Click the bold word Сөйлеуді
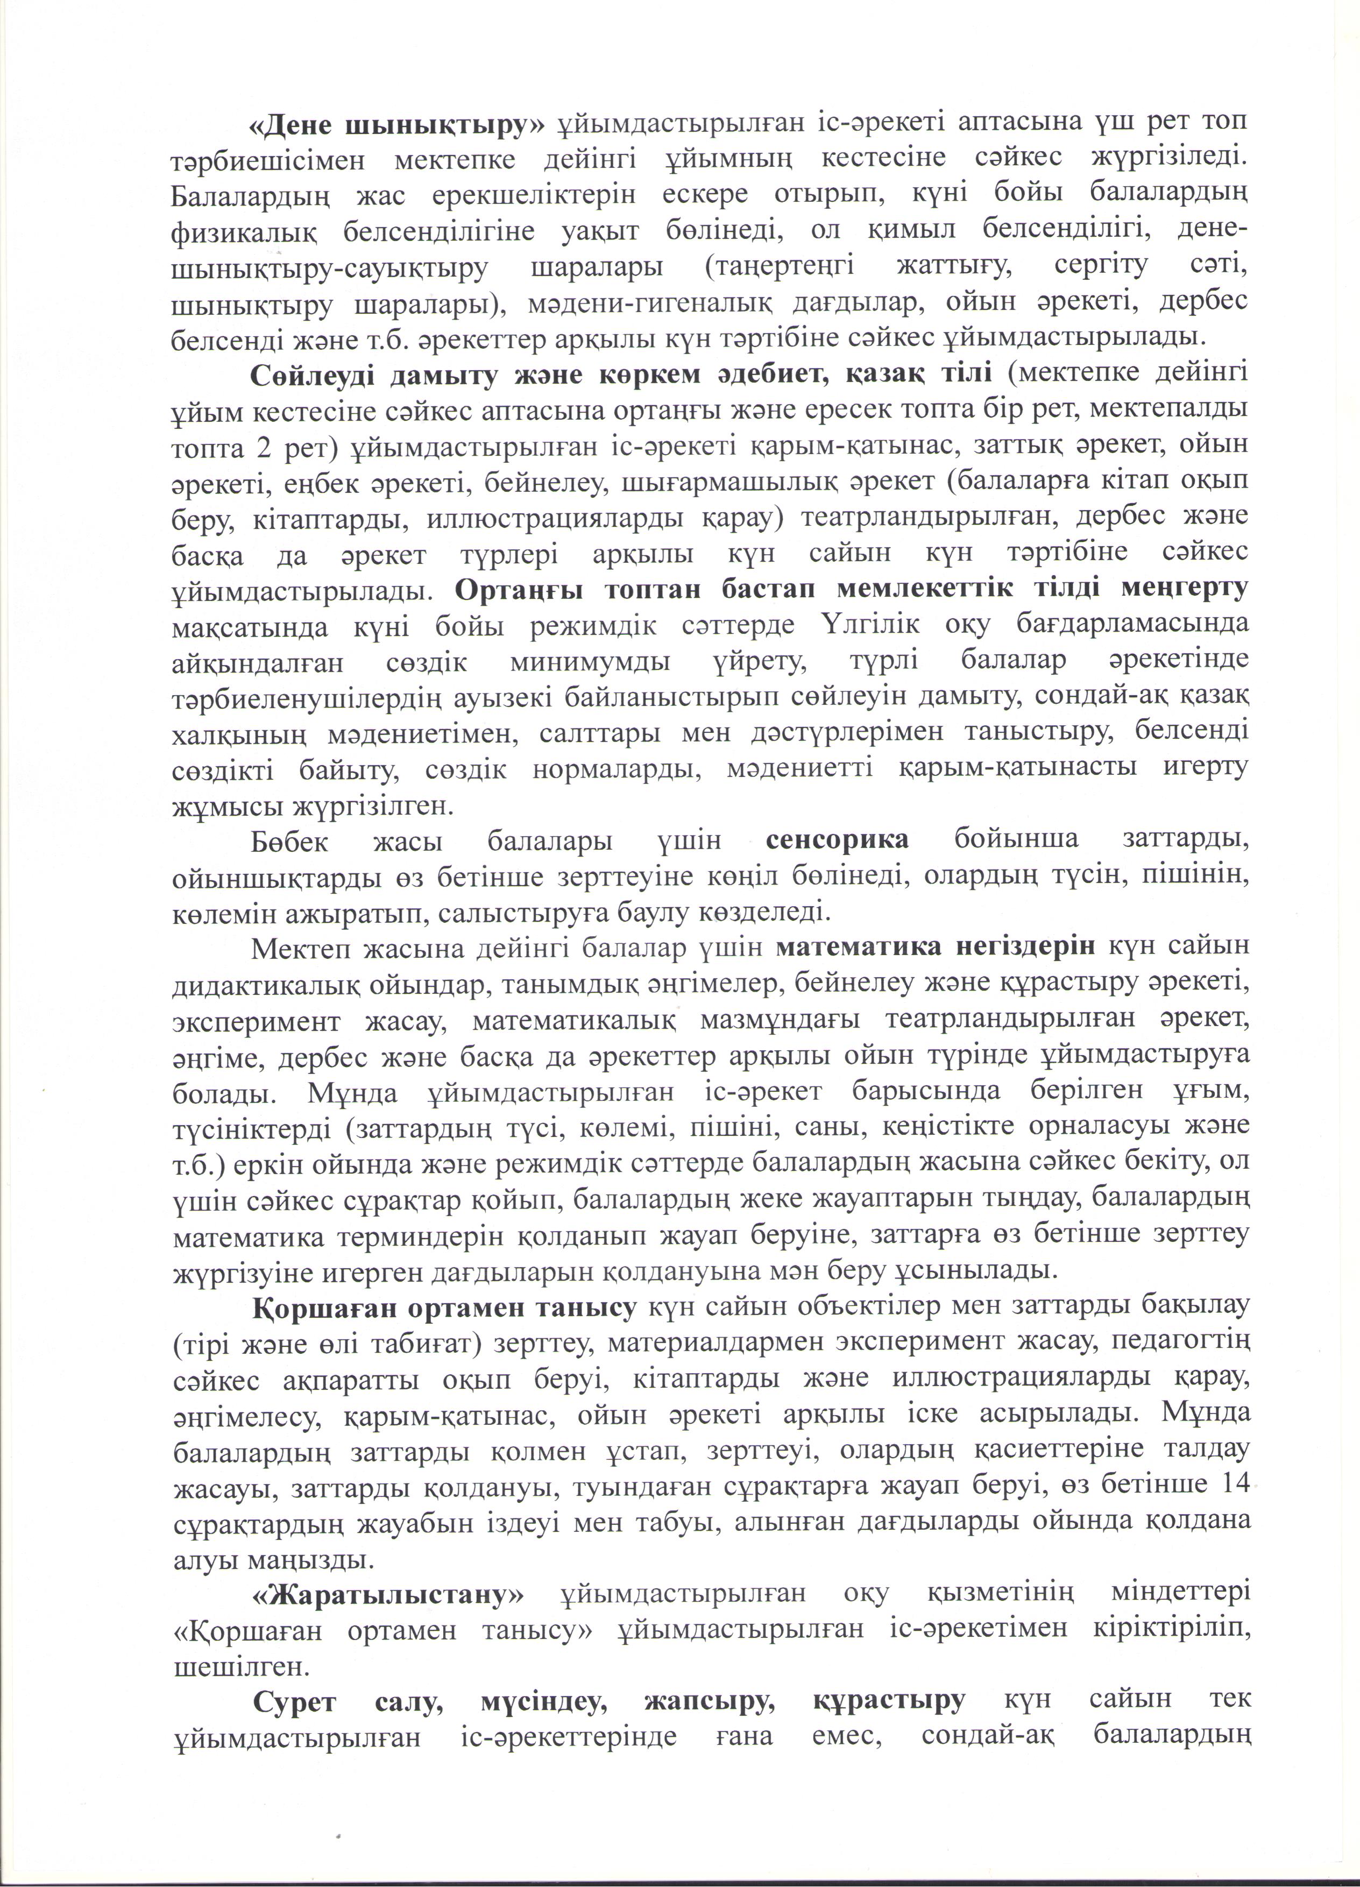point(312,373)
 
